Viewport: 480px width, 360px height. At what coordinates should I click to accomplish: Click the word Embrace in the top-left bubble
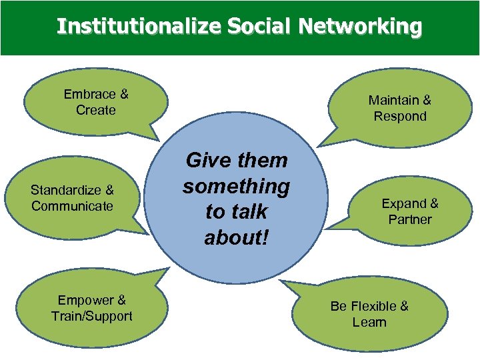pyautogui.click(x=88, y=94)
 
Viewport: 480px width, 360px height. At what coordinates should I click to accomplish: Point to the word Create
pyautogui.click(x=96, y=110)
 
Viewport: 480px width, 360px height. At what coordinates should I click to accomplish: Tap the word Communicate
pyautogui.click(x=72, y=206)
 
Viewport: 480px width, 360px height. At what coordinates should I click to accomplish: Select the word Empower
pyautogui.click(x=84, y=300)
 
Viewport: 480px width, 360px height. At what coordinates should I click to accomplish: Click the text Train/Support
pyautogui.click(x=92, y=316)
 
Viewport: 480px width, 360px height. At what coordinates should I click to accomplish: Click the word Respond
pyautogui.click(x=400, y=116)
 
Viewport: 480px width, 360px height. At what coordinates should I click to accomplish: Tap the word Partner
pyautogui.click(x=410, y=219)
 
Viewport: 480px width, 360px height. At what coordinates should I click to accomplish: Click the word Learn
pyautogui.click(x=369, y=322)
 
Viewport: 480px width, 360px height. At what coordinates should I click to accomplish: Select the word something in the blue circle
pyautogui.click(x=236, y=186)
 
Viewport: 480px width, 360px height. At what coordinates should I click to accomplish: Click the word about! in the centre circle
pyautogui.click(x=236, y=237)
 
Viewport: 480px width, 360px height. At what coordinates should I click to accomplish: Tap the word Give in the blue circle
pyautogui.click(x=204, y=160)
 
